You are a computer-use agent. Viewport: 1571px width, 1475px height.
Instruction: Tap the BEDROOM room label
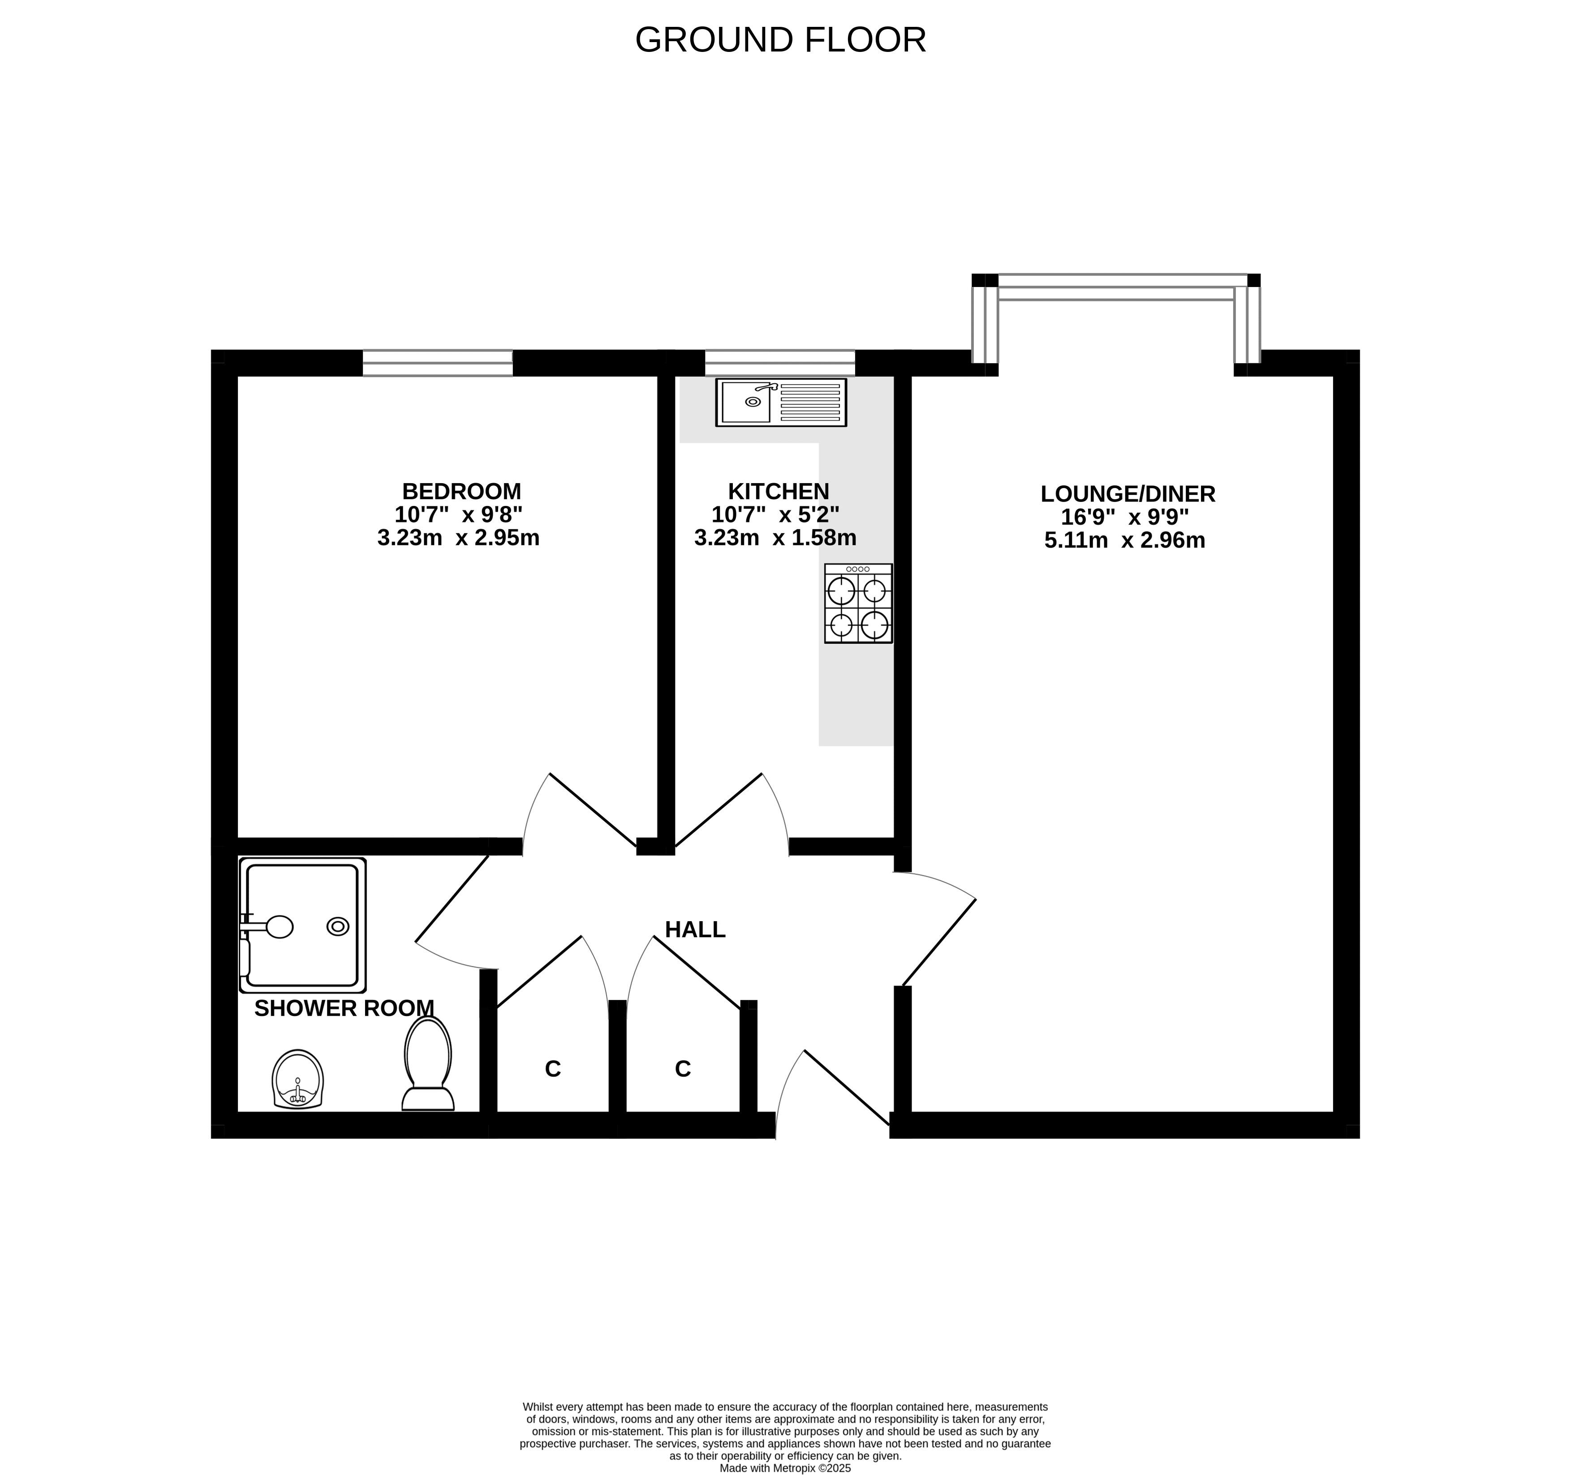[x=461, y=491]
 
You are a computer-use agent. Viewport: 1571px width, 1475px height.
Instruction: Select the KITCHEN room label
[x=779, y=491]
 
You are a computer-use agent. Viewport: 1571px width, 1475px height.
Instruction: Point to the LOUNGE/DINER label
[x=1128, y=494]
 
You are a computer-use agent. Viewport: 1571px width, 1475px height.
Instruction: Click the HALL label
[x=695, y=930]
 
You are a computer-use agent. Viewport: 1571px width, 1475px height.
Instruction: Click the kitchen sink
[x=781, y=402]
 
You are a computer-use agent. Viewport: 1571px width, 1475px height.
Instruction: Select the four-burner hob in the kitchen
[x=858, y=603]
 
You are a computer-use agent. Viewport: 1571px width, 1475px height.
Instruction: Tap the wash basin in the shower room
[x=298, y=1079]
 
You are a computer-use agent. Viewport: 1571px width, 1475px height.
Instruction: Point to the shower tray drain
[x=338, y=927]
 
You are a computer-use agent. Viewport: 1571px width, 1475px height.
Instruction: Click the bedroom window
[x=438, y=364]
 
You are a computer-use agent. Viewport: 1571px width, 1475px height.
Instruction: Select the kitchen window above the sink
[x=780, y=364]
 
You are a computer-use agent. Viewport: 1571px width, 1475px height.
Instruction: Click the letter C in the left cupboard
[x=553, y=1069]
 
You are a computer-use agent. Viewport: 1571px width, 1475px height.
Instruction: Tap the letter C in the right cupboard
[x=683, y=1069]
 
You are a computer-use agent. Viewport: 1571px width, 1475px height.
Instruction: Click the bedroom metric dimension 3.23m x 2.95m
[x=458, y=538]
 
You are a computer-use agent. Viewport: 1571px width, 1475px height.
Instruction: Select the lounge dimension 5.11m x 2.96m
[x=1124, y=540]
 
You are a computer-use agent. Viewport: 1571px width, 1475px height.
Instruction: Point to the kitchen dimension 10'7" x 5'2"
[x=775, y=515]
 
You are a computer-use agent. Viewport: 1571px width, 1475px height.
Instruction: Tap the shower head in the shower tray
[x=280, y=927]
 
